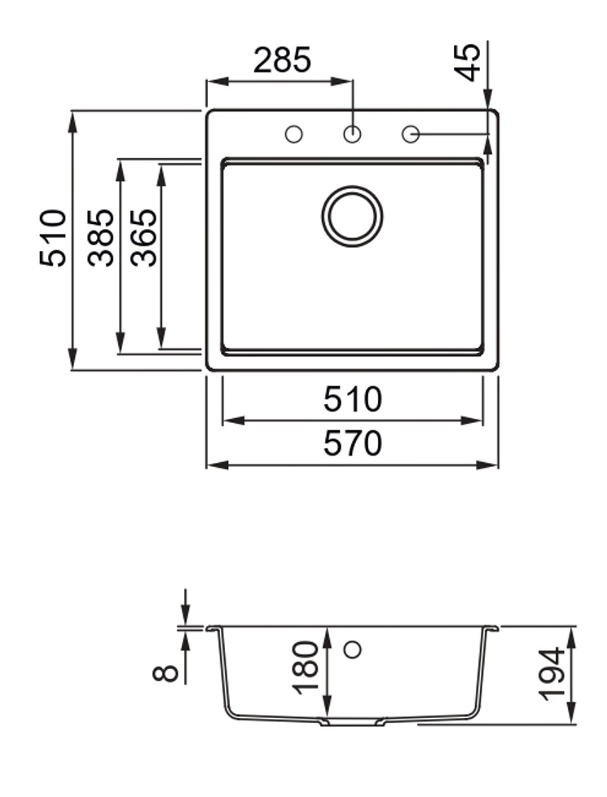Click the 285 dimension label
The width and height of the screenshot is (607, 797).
pyautogui.click(x=282, y=61)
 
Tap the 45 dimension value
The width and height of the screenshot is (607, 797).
pyautogui.click(x=468, y=62)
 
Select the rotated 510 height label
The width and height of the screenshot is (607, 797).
pyautogui.click(x=54, y=238)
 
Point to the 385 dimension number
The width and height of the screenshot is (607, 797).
pyautogui.click(x=102, y=238)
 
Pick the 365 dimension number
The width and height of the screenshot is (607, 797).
pyautogui.click(x=144, y=238)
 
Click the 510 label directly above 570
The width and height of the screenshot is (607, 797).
pyautogui.click(x=352, y=400)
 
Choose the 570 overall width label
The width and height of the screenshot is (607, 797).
pyautogui.click(x=352, y=444)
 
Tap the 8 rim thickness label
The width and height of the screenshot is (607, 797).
pyautogui.click(x=166, y=672)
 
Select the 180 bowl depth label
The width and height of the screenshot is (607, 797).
pyautogui.click(x=306, y=667)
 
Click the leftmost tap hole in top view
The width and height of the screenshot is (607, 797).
pyautogui.click(x=293, y=134)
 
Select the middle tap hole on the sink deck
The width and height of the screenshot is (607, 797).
pyautogui.click(x=352, y=134)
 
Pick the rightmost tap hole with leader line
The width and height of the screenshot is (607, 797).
pyautogui.click(x=411, y=134)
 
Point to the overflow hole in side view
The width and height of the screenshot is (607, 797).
pyautogui.click(x=352, y=649)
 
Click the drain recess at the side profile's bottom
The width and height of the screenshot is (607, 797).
pyautogui.click(x=352, y=722)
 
